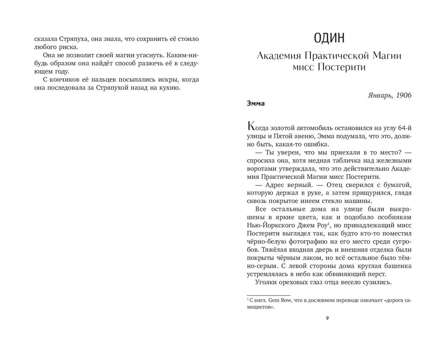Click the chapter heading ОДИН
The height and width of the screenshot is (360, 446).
click(x=329, y=38)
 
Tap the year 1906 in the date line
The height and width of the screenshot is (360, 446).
click(x=403, y=95)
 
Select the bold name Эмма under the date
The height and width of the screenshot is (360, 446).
click(x=256, y=104)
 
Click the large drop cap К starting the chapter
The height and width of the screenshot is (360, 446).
click(x=252, y=126)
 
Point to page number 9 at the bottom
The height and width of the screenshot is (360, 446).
click(x=327, y=318)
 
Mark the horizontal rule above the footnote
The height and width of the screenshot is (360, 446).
click(x=269, y=295)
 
